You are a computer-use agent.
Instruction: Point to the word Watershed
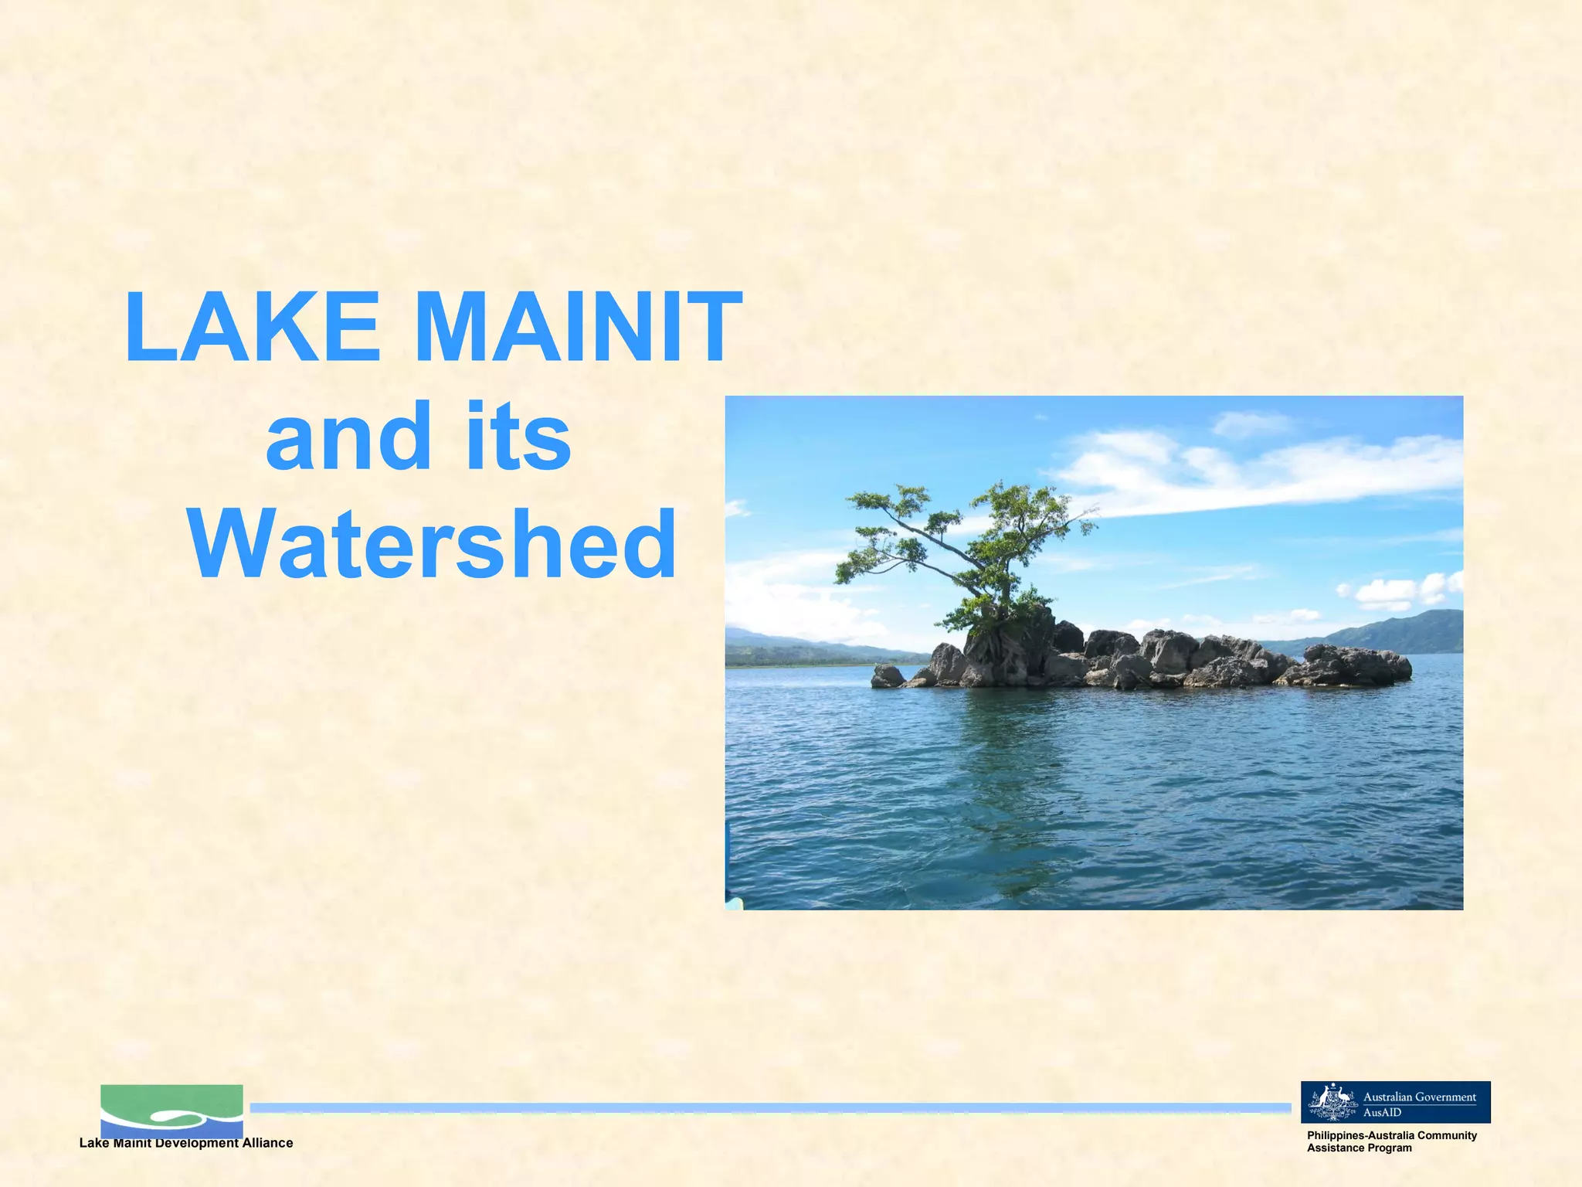433,545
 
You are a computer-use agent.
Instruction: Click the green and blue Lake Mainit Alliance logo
171,1110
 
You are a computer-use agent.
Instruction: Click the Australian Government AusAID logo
1395,1102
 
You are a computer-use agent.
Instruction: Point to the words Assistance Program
1359,1148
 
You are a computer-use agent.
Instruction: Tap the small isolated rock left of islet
887,675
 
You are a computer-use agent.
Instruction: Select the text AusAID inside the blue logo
1382,1112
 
